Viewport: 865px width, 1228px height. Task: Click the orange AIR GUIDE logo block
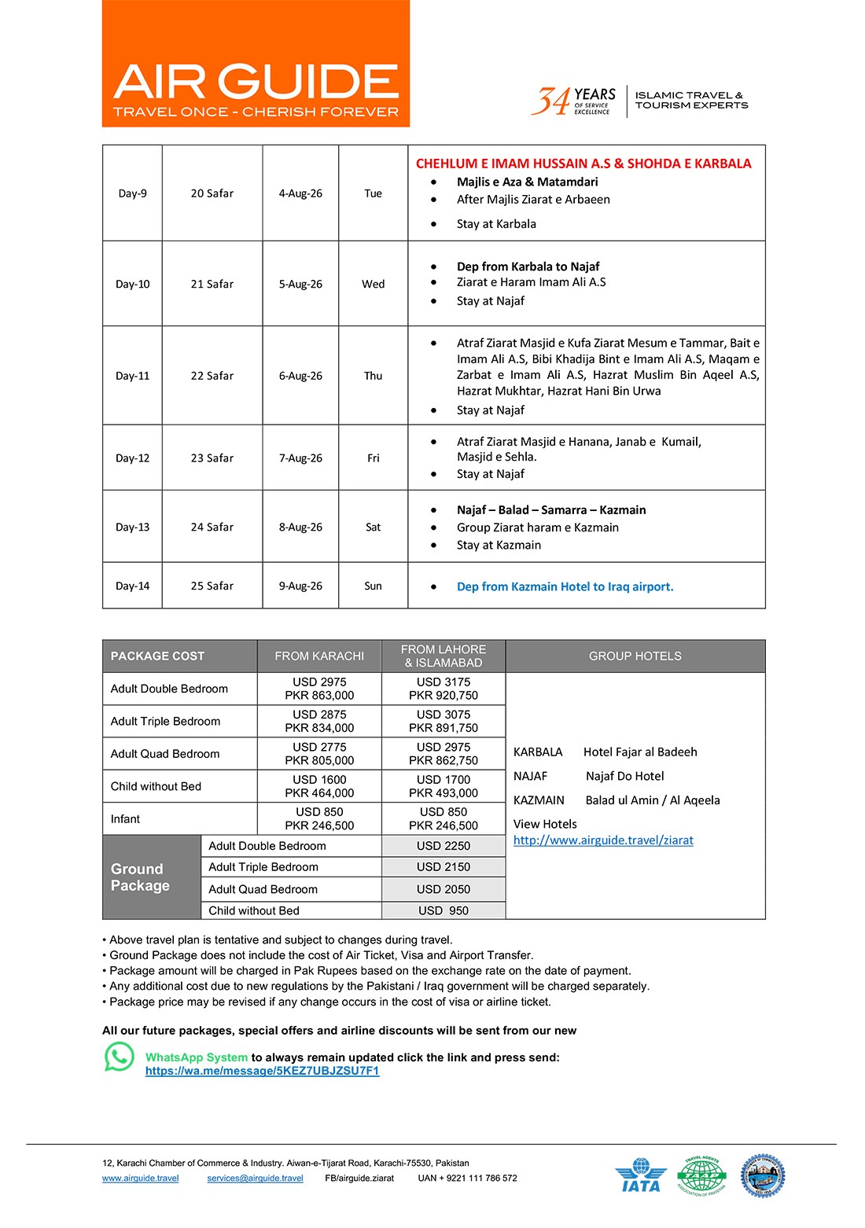click(x=256, y=64)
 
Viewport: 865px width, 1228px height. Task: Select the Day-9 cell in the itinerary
click(x=132, y=193)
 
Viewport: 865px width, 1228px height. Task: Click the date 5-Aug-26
click(x=300, y=285)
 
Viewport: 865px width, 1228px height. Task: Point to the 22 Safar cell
click(x=212, y=376)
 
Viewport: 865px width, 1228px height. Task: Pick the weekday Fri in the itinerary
click(x=373, y=458)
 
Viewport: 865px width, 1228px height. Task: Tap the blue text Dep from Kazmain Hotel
click(x=565, y=586)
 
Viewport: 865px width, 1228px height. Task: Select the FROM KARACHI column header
click(x=319, y=656)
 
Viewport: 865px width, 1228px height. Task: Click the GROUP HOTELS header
click(x=635, y=656)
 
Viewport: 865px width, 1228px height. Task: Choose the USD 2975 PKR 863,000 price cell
click(x=319, y=689)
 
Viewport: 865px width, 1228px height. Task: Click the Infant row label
click(x=126, y=819)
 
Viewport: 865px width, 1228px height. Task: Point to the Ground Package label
click(x=141, y=877)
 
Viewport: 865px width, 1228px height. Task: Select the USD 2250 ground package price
click(x=444, y=846)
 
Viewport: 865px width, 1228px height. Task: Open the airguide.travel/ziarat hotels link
click(x=603, y=840)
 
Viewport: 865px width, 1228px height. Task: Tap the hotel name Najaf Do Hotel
click(x=624, y=776)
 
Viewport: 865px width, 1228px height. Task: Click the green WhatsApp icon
click(x=120, y=1057)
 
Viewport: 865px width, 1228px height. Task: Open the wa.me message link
click(x=262, y=1071)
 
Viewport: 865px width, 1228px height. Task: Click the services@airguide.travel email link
click(x=255, y=1178)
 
